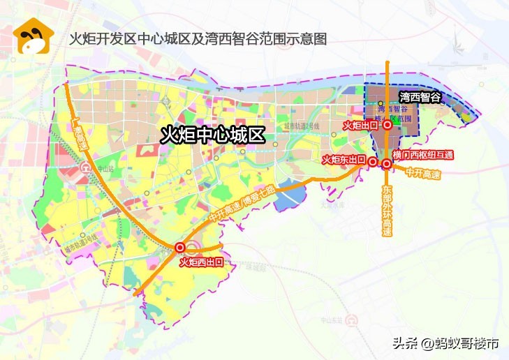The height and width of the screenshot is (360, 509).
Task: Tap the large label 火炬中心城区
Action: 213,135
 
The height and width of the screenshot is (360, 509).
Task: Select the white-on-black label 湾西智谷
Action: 420,98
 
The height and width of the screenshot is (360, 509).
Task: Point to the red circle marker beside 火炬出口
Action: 386,126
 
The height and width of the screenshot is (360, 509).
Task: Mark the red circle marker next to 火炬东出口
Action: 373,160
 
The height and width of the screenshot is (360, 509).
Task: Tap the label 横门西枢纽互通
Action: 423,154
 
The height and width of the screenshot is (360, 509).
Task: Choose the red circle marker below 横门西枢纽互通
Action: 386,164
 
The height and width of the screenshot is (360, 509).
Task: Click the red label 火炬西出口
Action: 201,262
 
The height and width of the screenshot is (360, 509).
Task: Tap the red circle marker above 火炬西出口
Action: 180,247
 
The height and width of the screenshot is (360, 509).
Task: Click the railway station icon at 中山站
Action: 85,168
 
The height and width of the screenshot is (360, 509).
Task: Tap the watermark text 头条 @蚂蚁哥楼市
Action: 445,343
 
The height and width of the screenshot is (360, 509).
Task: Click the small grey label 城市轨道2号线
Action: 301,126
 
